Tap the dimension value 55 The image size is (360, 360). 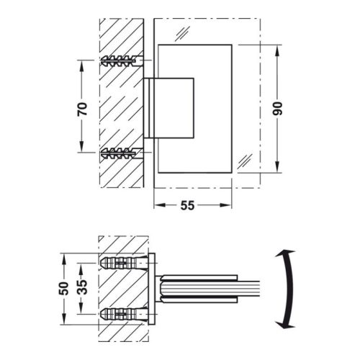tap(186, 206)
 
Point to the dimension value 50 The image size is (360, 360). tap(64, 288)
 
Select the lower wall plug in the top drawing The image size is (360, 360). tap(122, 153)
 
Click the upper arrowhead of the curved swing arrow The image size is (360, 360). tap(287, 253)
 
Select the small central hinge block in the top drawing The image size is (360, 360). tap(169, 107)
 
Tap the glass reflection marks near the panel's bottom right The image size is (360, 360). tap(245, 160)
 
